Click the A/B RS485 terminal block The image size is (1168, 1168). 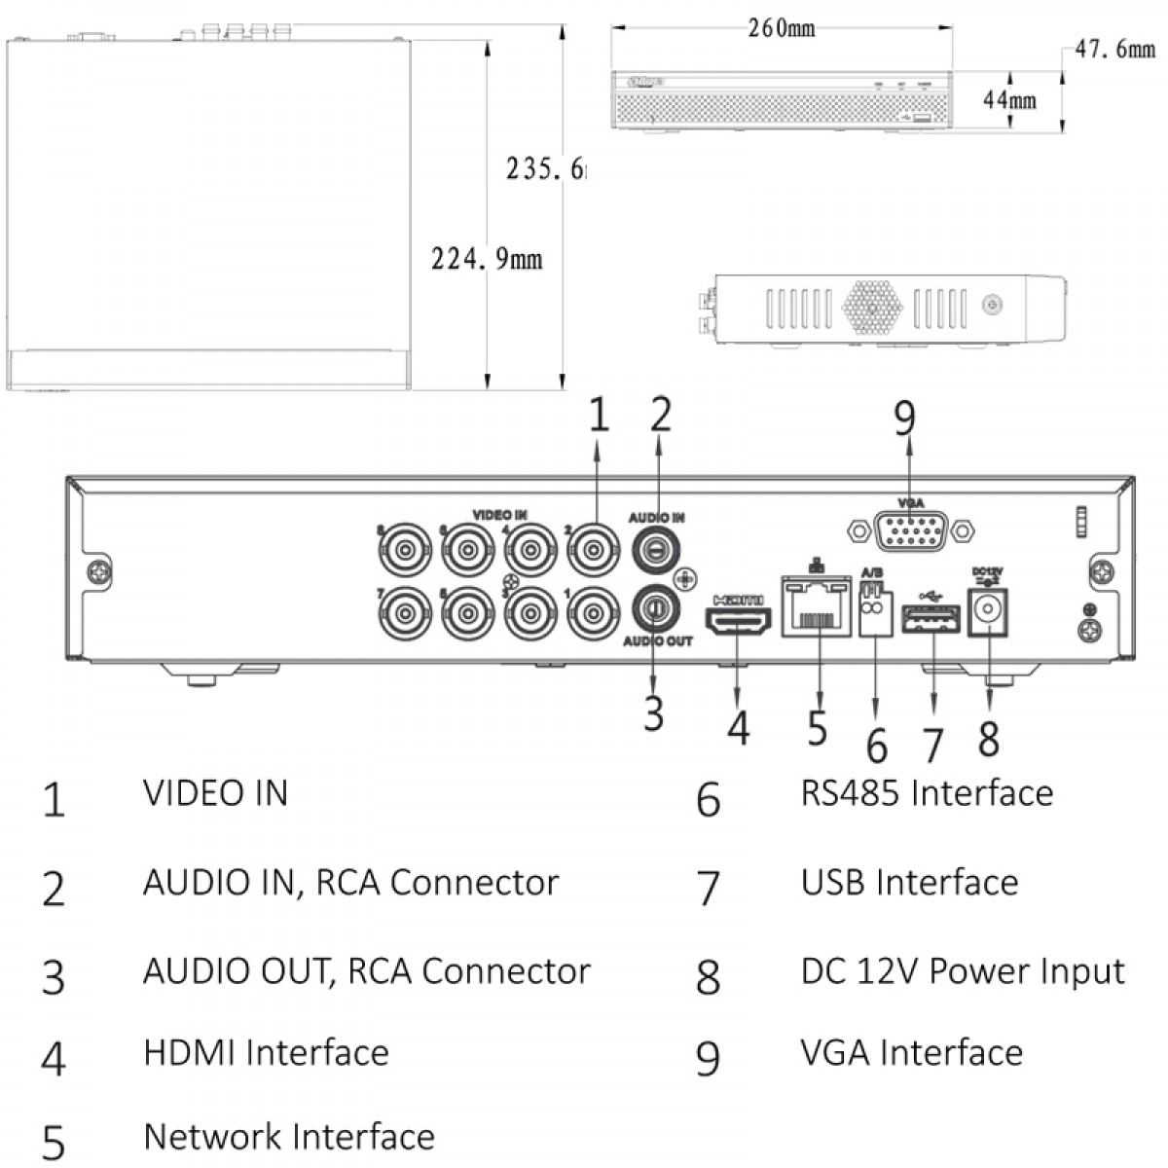pyautogui.click(x=876, y=611)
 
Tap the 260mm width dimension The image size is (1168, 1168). pyautogui.click(x=782, y=28)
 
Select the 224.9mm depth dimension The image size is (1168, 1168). pyautogui.click(x=487, y=259)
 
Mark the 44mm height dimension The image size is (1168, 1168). pyautogui.click(x=1008, y=99)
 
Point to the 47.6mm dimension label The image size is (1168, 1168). pyautogui.click(x=1114, y=48)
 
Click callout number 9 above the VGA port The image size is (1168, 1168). pyautogui.click(x=905, y=420)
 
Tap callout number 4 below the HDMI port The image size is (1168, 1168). pyautogui.click(x=739, y=727)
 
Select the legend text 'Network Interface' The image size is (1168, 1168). pyautogui.click(x=289, y=1136)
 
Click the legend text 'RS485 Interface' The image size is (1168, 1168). pyautogui.click(x=927, y=793)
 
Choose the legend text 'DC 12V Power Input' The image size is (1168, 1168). pyautogui.click(x=963, y=971)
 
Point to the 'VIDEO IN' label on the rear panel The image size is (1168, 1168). pyautogui.click(x=499, y=514)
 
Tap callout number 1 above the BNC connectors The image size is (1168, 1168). pyautogui.click(x=599, y=415)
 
